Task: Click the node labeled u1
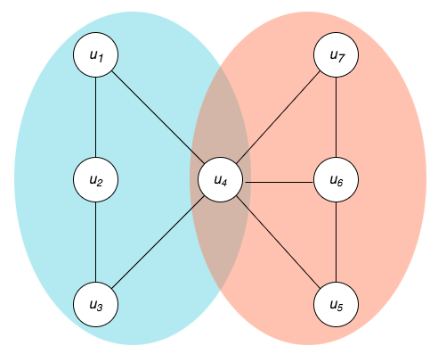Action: pyautogui.click(x=96, y=56)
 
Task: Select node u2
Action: pyautogui.click(x=96, y=180)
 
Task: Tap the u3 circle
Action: pyautogui.click(x=96, y=304)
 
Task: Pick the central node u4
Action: pyautogui.click(x=220, y=181)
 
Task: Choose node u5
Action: pyautogui.click(x=336, y=304)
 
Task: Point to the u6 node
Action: pyautogui.click(x=336, y=181)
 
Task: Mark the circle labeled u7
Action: pyautogui.click(x=336, y=56)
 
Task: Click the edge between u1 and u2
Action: pyautogui.click(x=96, y=118)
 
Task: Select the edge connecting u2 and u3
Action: pyautogui.click(x=96, y=242)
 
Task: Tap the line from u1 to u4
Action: pyautogui.click(x=158, y=119)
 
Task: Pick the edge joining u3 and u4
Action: pyautogui.click(x=158, y=243)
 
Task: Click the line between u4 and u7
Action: pyautogui.click(x=278, y=119)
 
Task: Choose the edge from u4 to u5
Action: pyautogui.click(x=278, y=243)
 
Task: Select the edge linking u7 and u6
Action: pyautogui.click(x=336, y=119)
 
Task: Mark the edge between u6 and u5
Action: pyautogui.click(x=336, y=243)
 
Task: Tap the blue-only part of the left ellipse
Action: pyautogui.click(x=45, y=178)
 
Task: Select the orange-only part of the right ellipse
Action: pyautogui.click(x=392, y=178)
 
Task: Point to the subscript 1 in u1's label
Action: pyautogui.click(x=101, y=59)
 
